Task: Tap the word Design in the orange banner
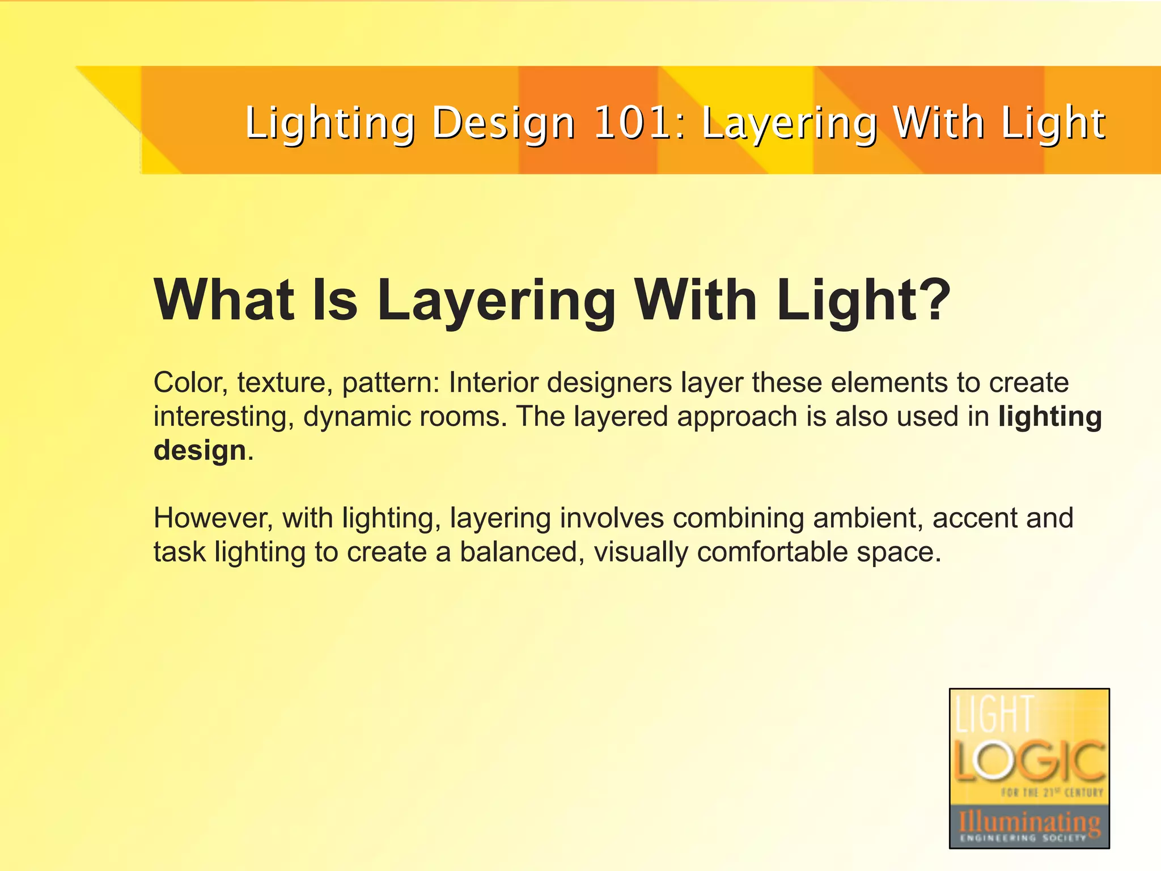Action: (503, 123)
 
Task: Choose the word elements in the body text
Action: (889, 383)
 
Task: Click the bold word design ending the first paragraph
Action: (200, 450)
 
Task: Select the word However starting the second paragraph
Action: (213, 518)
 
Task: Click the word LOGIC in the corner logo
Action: (1029, 760)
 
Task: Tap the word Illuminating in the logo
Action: (1029, 821)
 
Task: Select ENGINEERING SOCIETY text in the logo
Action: (1023, 838)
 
